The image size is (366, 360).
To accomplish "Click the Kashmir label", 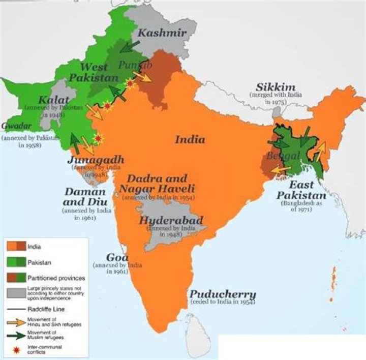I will click(162, 34).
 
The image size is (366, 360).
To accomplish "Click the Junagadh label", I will click(96, 160).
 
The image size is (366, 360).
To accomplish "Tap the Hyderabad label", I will click(171, 221).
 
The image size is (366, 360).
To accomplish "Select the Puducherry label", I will click(223, 294).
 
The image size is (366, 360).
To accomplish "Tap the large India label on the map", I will click(190, 139).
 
